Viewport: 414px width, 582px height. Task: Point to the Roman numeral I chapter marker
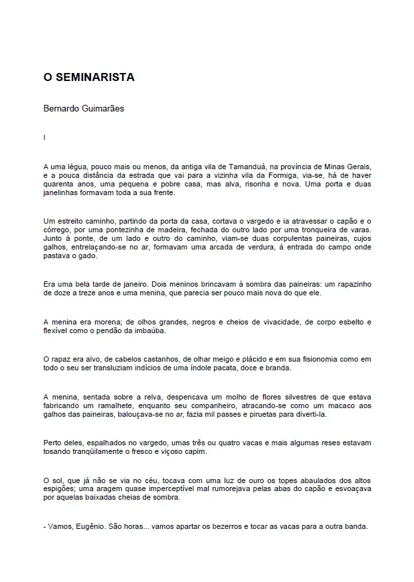point(44,137)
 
